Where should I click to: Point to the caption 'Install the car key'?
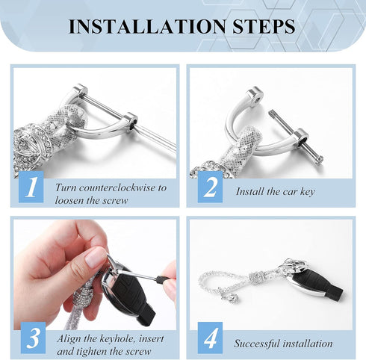276,192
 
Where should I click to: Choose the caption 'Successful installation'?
283,344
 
